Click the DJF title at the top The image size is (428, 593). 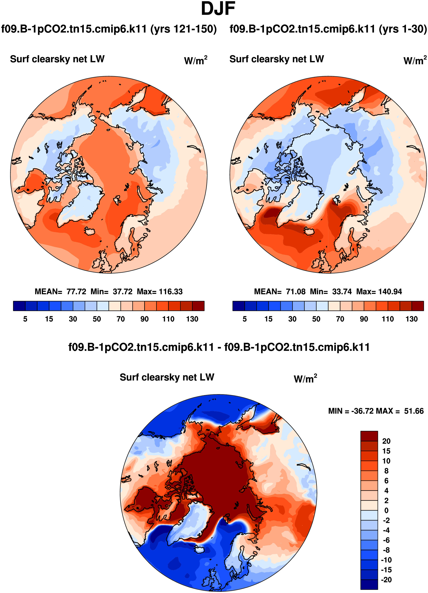pos(218,9)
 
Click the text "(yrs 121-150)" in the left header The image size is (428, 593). pos(183,29)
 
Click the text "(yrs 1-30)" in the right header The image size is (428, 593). pos(403,29)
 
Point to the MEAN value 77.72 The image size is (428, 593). pos(76,292)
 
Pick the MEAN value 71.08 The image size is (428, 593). pos(295,292)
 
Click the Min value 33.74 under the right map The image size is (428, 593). pos(342,292)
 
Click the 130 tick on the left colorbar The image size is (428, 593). pos(192,319)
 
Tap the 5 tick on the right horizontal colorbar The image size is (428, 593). pos(245,319)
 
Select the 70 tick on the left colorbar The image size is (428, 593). pos(120,319)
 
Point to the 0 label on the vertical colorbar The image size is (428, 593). pos(386,510)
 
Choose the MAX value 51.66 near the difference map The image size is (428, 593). pos(414,411)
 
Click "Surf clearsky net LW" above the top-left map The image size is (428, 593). pos(57,59)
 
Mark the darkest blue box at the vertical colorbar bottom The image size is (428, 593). pos(369,584)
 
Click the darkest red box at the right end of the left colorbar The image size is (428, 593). pos(198,306)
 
